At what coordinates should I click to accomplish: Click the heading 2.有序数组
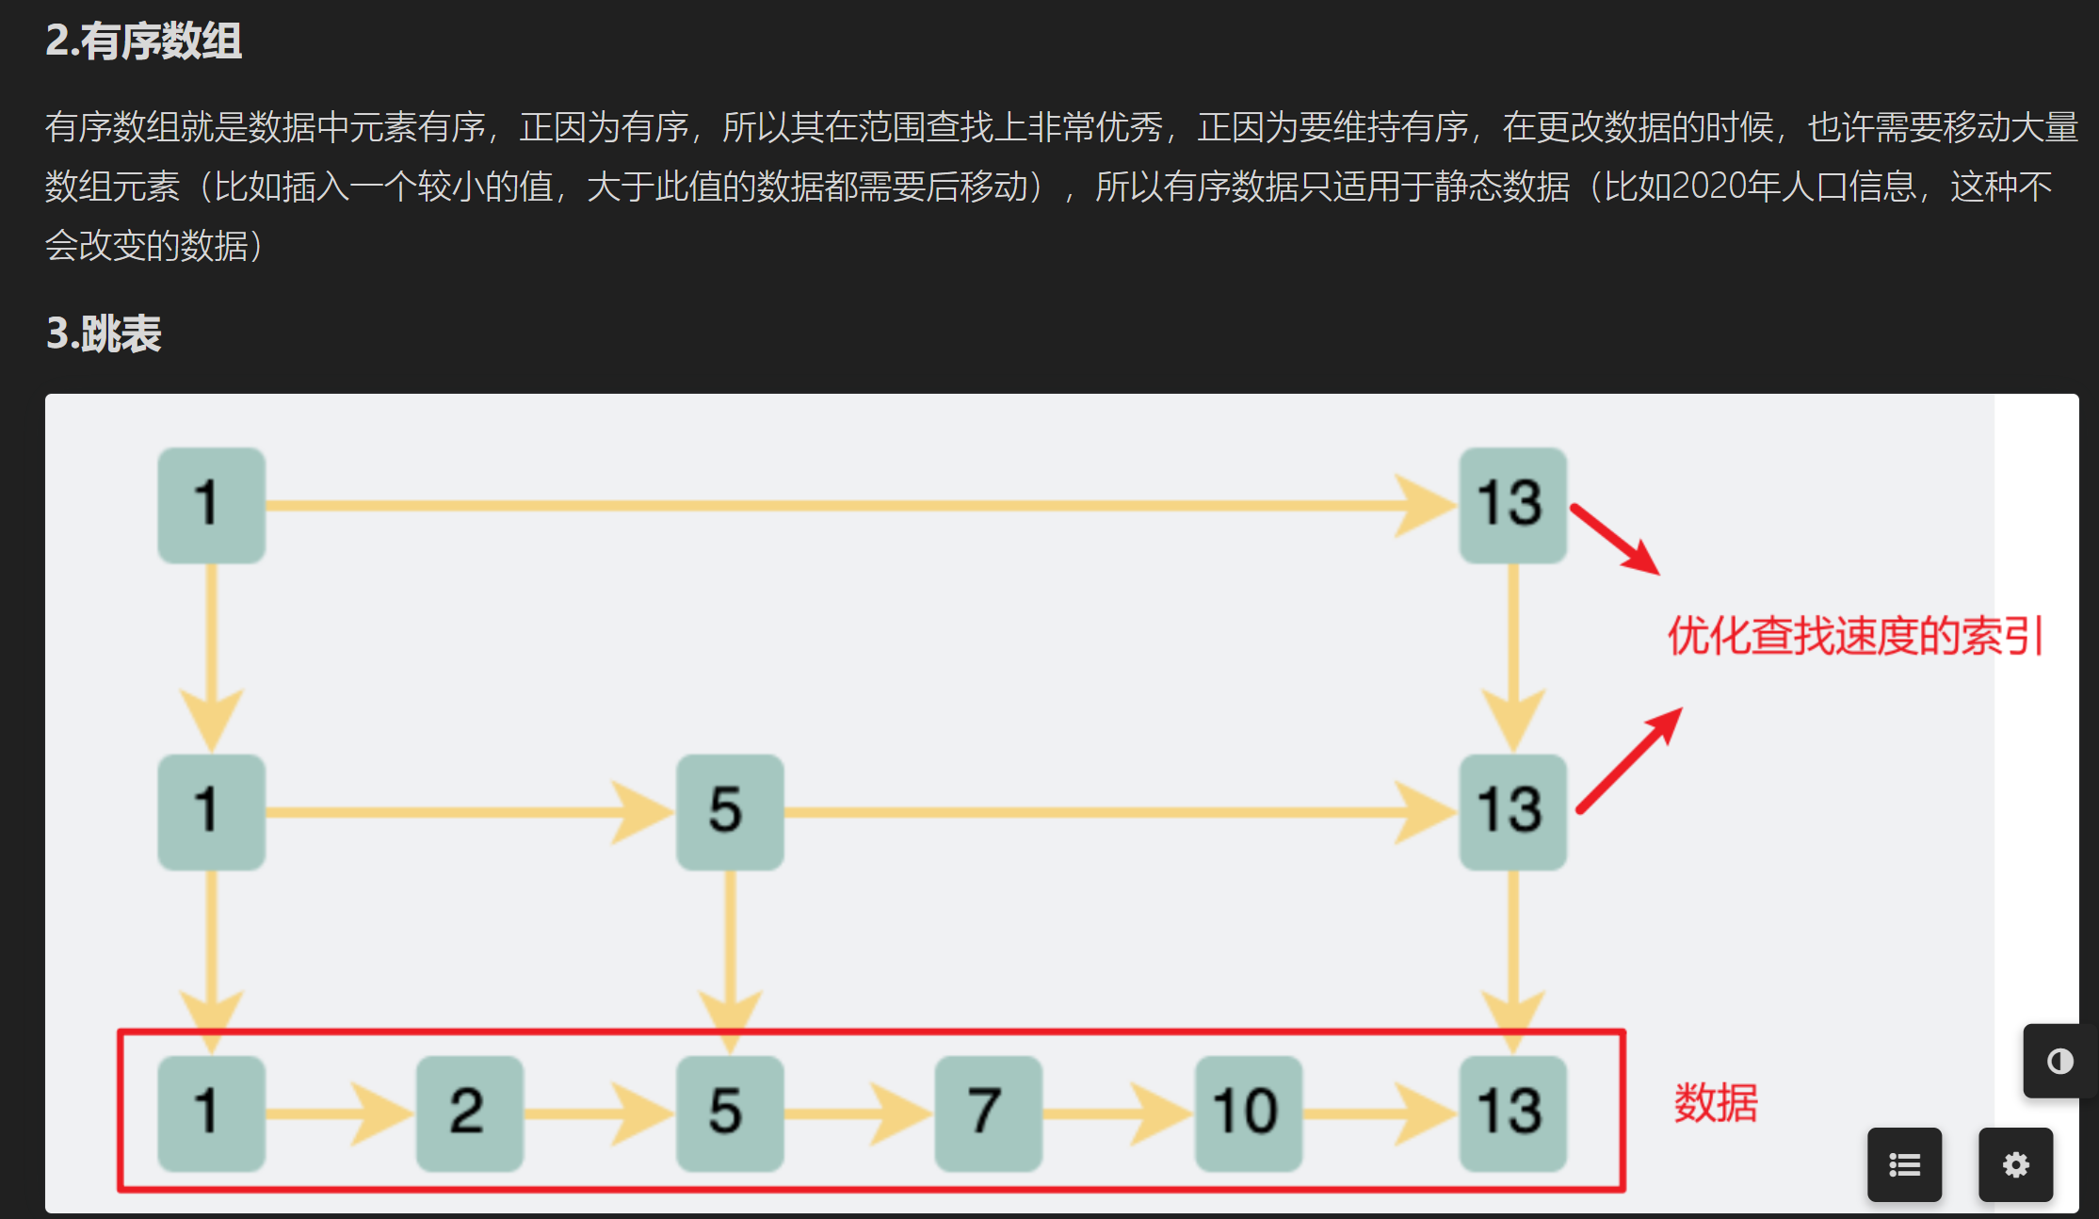click(143, 41)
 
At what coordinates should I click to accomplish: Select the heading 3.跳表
click(104, 333)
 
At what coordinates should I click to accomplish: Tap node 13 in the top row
click(1512, 505)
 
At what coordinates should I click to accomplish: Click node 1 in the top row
click(211, 505)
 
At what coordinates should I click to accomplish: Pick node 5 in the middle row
click(730, 811)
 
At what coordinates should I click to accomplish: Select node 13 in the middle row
click(1512, 811)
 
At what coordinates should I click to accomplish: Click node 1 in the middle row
click(211, 811)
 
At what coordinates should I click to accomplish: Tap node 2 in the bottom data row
click(469, 1113)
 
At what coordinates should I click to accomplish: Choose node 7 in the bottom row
click(988, 1113)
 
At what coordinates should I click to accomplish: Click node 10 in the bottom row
click(1248, 1113)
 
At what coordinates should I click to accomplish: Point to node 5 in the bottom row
click(730, 1113)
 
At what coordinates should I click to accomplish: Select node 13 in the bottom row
click(1512, 1113)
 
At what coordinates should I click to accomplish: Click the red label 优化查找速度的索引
click(1854, 636)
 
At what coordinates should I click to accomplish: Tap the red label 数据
click(1715, 1102)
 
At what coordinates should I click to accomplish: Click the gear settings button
click(2015, 1165)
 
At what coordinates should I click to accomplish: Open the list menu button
click(1904, 1165)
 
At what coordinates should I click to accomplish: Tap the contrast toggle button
click(2059, 1062)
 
